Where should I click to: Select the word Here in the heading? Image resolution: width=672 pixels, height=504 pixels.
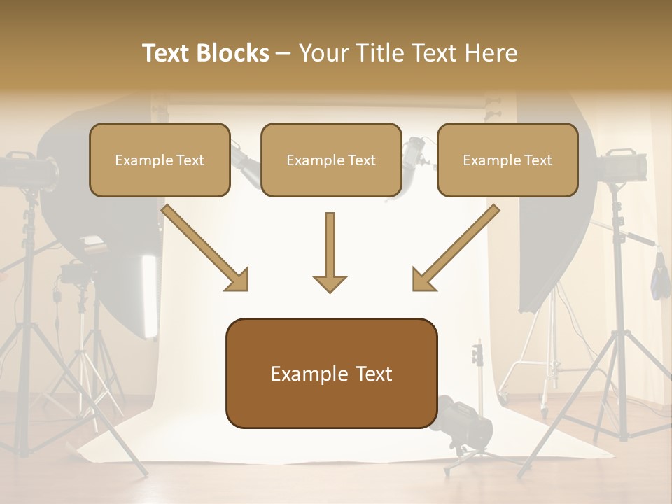pos(492,53)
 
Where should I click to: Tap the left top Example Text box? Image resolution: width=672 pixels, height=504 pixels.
pos(160,160)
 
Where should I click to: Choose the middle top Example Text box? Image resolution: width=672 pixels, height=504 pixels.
pos(331,160)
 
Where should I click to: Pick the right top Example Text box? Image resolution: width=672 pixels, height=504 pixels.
pos(507,160)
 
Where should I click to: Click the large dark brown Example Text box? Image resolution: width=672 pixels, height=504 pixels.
pos(331,373)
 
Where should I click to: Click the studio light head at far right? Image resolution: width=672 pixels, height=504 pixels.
pos(622,165)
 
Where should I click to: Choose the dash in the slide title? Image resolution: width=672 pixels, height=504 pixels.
pos(283,54)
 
